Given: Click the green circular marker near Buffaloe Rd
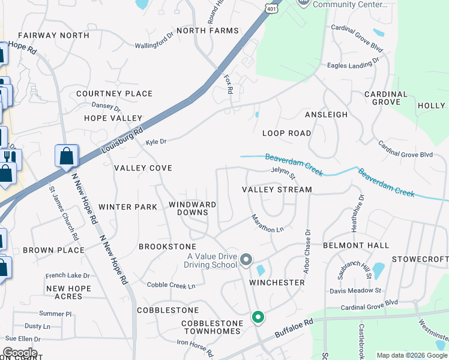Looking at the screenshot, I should point(258,316).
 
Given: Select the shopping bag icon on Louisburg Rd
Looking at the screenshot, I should point(67,156).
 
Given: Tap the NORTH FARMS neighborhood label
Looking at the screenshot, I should point(208,31).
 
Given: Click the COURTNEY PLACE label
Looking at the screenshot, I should point(114,94).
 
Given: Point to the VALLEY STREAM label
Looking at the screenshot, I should point(277,190).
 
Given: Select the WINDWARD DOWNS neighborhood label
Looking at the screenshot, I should point(192,208).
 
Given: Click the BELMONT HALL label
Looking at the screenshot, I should point(355,245).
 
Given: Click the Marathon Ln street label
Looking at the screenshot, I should point(267,223).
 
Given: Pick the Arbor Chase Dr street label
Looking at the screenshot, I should point(307,252).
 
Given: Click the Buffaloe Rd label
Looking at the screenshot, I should point(294,329).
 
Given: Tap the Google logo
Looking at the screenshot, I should point(20,352).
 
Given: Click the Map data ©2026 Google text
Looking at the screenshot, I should point(411,355).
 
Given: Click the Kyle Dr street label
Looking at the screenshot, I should point(155,142).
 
